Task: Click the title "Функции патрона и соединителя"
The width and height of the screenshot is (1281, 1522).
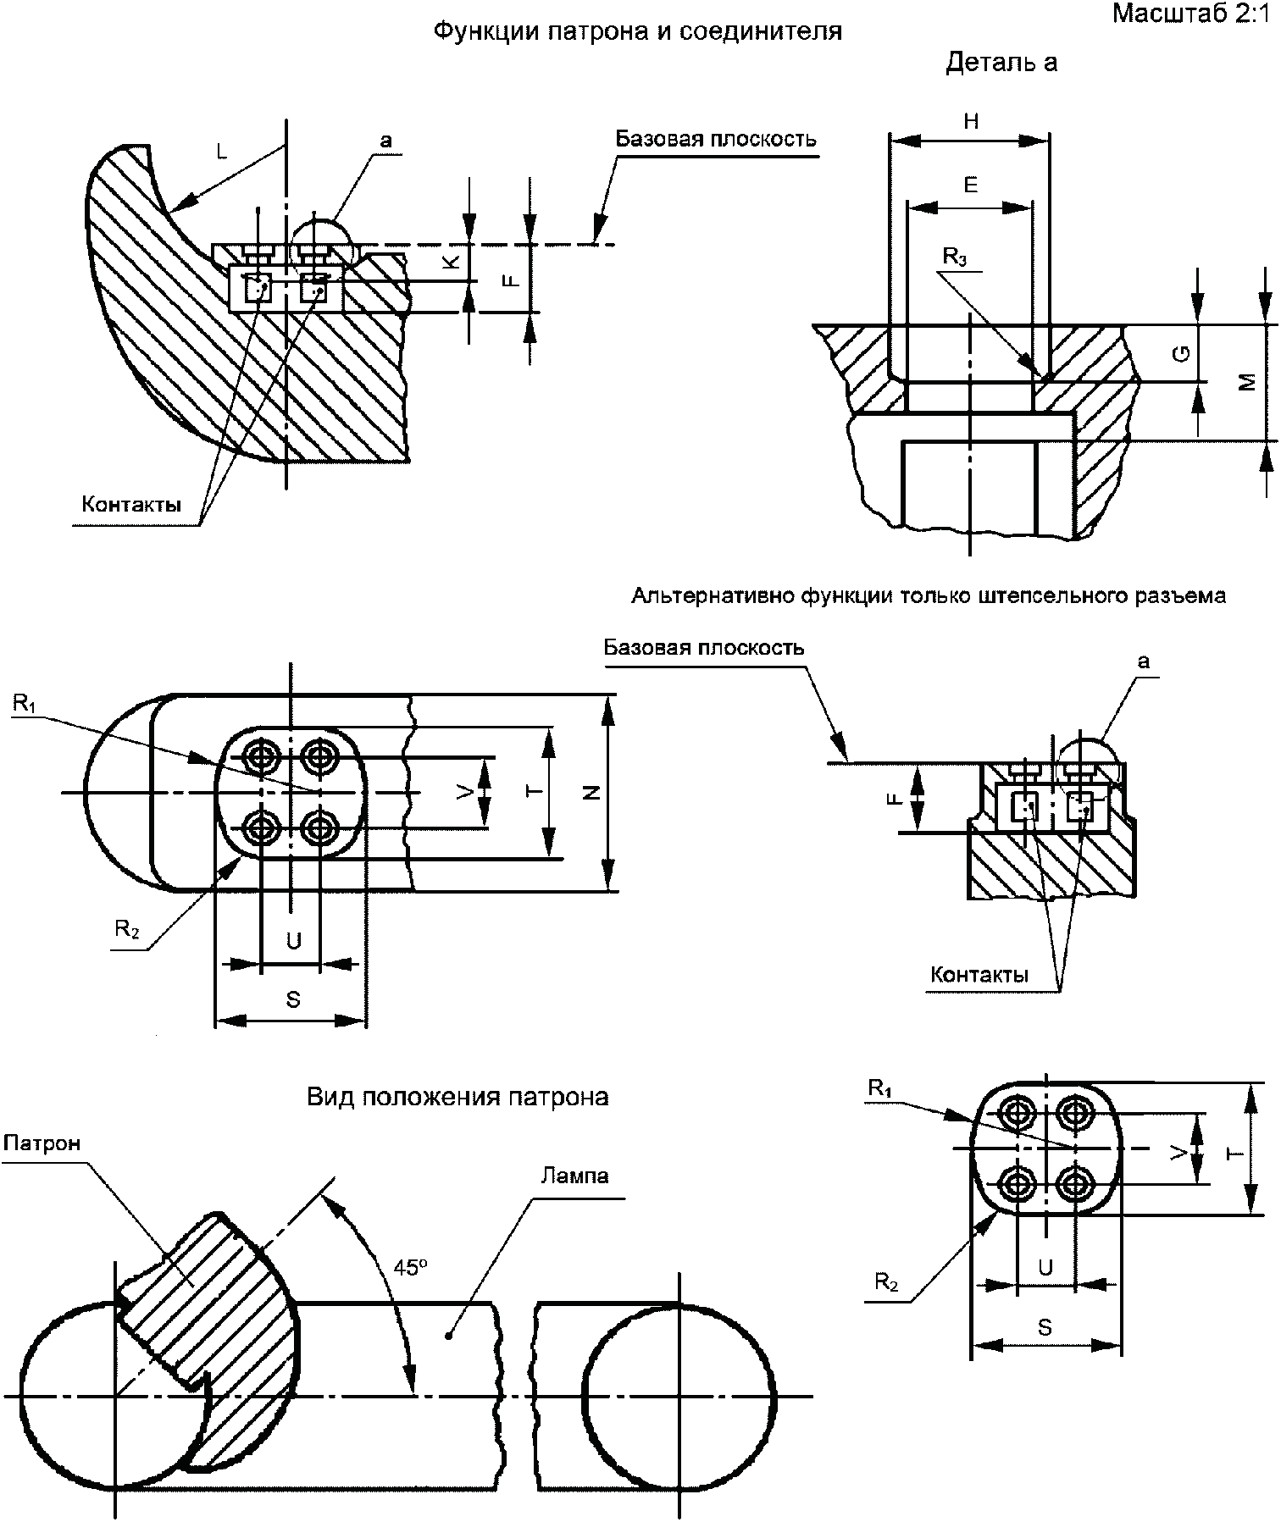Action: click(637, 32)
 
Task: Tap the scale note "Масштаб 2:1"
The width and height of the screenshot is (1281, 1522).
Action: click(1194, 14)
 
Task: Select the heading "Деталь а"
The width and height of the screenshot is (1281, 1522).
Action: click(1001, 63)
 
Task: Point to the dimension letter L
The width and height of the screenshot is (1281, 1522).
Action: click(222, 151)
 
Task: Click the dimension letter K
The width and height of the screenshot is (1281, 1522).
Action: click(452, 263)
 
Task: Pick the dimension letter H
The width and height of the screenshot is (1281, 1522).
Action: click(971, 121)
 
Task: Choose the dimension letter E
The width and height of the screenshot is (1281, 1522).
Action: click(971, 185)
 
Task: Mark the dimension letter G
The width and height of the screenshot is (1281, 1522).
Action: click(1184, 353)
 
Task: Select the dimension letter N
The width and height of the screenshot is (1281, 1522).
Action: click(593, 792)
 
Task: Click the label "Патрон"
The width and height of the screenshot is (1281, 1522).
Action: click(42, 1143)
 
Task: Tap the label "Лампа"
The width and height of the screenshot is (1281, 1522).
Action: click(574, 1176)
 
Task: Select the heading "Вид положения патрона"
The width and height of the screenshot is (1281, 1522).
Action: click(457, 1098)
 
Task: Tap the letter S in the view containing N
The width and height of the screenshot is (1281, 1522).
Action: click(293, 999)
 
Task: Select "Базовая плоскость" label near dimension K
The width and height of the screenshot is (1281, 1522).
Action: click(716, 139)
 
